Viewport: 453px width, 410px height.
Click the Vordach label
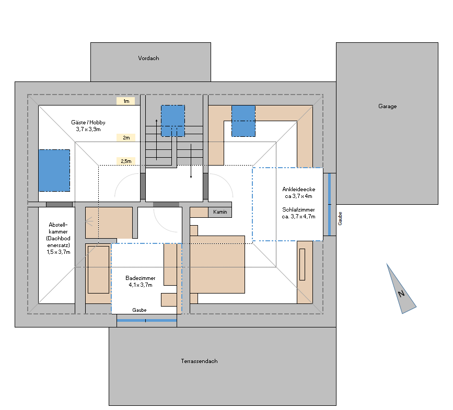[148, 58]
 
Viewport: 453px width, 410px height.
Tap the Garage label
[387, 106]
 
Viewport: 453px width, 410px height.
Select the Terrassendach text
[200, 361]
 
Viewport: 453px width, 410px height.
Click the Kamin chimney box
[220, 212]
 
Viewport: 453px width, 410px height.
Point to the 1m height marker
[126, 101]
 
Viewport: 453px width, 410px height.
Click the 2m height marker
[126, 137]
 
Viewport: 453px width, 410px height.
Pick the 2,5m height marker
[126, 161]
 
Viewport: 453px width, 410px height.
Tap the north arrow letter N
[401, 294]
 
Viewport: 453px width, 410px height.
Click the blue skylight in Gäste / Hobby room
[54, 170]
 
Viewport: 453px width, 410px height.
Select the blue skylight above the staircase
[173, 121]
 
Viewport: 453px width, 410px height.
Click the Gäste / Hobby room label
[88, 125]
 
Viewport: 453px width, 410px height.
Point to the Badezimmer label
[141, 281]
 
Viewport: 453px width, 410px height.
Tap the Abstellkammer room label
[58, 238]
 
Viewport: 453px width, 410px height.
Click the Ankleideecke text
[299, 190]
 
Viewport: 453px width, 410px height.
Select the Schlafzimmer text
[298, 209]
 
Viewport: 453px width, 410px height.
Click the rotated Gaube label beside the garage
[340, 218]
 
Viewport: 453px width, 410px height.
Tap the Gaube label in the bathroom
[140, 310]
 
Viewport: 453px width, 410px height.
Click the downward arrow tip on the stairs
[191, 177]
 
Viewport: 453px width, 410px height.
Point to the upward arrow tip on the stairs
[157, 120]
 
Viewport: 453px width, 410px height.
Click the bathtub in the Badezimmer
[99, 270]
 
